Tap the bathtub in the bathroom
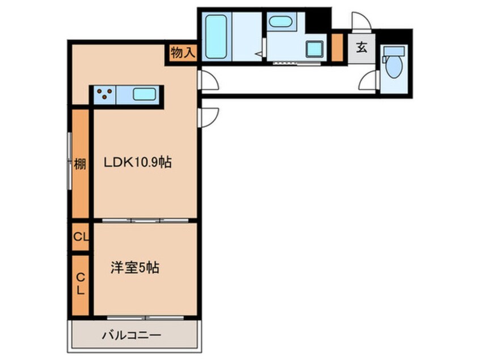(216, 37)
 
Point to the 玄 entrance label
(361, 48)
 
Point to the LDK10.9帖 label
(137, 163)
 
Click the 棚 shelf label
(80, 165)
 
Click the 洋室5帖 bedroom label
(134, 267)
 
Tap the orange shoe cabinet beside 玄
(336, 48)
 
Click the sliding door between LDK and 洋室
(145, 220)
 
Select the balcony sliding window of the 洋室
(145, 316)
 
